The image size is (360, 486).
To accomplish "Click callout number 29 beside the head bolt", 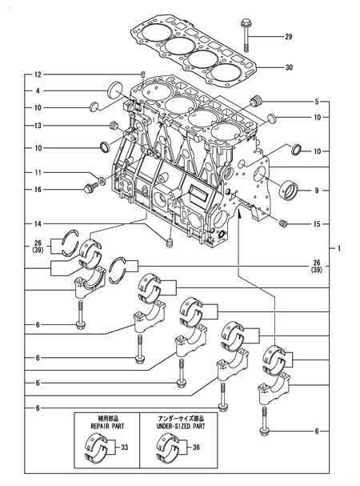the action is point(289,37).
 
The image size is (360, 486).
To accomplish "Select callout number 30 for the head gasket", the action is point(289,67).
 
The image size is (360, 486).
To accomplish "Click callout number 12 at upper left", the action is point(38,74).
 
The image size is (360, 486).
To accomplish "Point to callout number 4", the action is point(38,91).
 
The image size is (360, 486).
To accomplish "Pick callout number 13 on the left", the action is point(38,126).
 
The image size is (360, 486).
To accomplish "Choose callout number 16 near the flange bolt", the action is point(38,190).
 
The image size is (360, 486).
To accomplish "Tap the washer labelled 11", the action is point(102,180).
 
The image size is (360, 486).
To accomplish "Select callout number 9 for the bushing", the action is point(317,191).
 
